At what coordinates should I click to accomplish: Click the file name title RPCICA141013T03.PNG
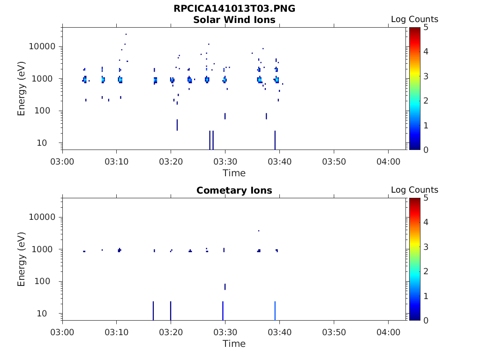234,9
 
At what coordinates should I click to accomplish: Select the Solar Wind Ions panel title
234,20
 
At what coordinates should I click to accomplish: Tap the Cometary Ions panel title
234,190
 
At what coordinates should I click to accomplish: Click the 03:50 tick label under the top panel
334,162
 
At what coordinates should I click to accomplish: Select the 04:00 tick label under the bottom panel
388,332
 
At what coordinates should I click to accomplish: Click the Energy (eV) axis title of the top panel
22,89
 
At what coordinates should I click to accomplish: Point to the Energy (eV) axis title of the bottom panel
22,259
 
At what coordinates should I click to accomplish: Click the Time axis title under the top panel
234,173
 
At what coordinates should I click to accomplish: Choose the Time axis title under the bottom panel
234,344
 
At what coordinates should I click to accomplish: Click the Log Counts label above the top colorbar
414,19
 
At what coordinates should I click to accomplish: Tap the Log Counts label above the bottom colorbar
414,190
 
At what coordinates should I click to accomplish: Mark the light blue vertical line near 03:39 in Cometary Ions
275,310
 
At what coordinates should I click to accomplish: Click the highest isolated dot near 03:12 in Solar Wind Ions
126,34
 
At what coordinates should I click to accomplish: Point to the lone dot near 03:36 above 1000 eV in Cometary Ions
259,231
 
